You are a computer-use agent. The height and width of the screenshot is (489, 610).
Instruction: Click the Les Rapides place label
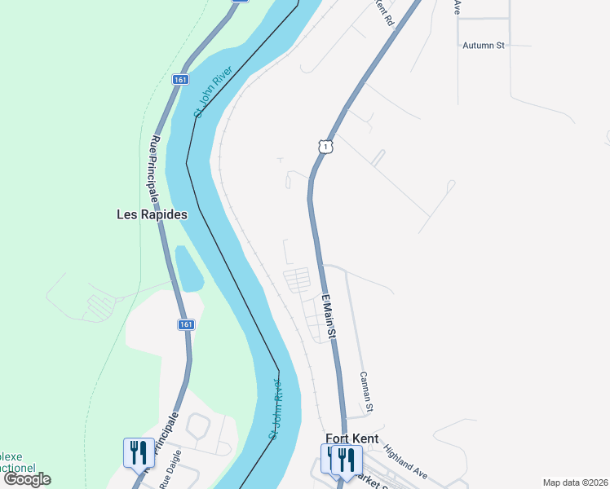point(152,215)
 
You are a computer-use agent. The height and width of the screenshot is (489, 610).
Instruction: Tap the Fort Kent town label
point(351,438)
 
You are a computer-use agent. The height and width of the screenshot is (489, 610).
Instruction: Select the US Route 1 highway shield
point(325,147)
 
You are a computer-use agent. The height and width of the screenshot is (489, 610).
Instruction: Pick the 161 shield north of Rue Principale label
point(180,80)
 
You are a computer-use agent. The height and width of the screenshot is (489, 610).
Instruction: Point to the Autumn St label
point(484,46)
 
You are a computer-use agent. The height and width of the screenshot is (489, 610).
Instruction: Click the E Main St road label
point(329,317)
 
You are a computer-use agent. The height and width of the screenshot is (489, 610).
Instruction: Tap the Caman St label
point(367,391)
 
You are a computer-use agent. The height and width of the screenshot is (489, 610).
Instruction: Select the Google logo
point(27,479)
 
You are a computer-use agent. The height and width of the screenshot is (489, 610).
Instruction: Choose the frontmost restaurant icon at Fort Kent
point(347,460)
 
